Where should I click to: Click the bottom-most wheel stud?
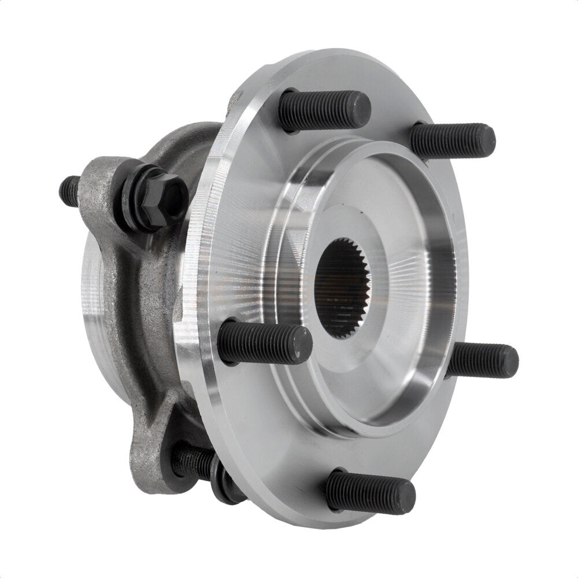370,492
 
